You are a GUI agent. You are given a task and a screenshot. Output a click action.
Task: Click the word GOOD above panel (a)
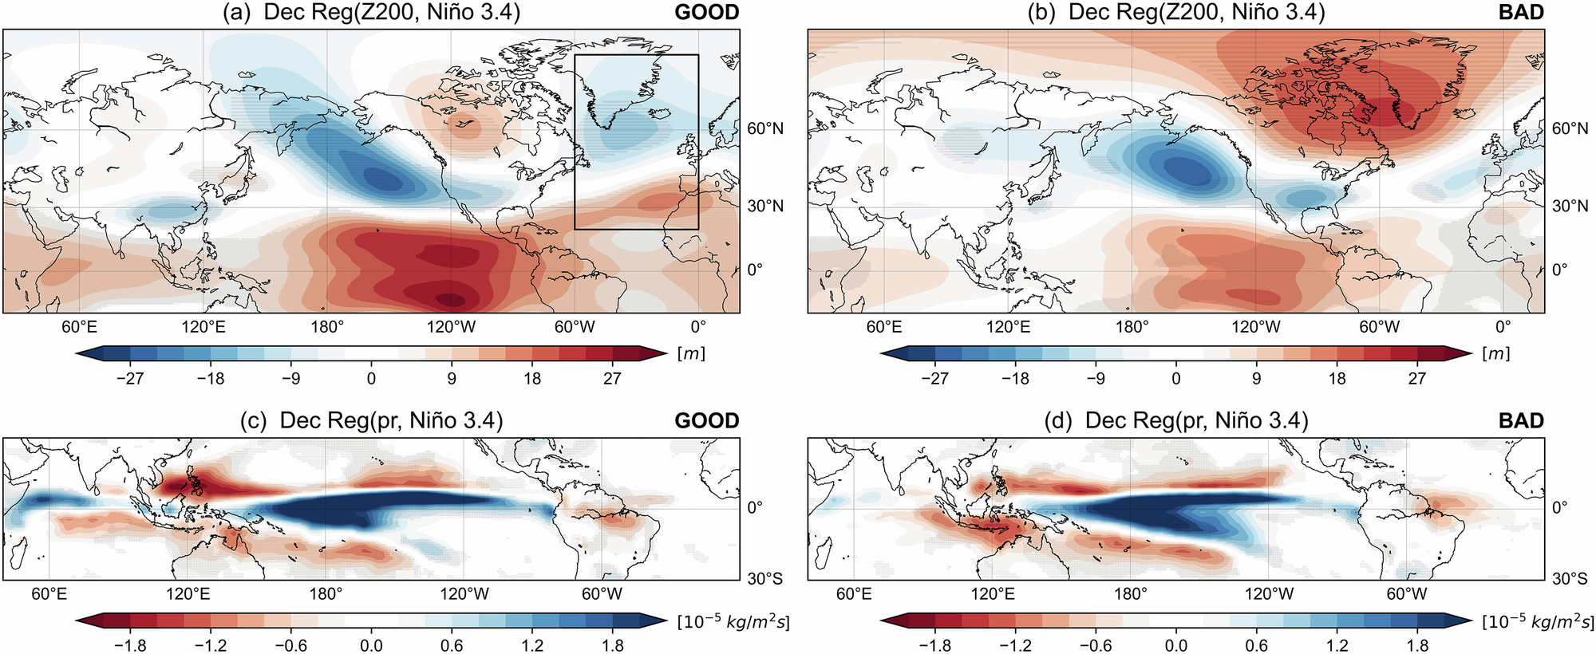(x=706, y=13)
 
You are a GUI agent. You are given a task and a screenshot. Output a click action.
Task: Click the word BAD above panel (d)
(x=1521, y=420)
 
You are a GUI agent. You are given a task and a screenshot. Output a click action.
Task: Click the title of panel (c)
(x=372, y=420)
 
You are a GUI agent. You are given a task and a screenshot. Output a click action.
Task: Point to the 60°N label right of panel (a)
(x=765, y=128)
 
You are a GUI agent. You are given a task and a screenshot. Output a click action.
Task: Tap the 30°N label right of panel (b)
(x=1570, y=206)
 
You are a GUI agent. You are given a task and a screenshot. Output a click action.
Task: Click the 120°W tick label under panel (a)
(x=452, y=326)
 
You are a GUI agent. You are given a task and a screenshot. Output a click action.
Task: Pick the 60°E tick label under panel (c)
(x=49, y=593)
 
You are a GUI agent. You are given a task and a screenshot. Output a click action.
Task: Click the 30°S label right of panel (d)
(x=1570, y=578)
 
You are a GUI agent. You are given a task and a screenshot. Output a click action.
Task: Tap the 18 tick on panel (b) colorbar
(x=1337, y=378)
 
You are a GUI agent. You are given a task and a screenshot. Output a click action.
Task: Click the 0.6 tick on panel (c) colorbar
(x=452, y=645)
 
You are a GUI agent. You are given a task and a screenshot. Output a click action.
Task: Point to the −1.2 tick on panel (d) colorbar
(x=1016, y=645)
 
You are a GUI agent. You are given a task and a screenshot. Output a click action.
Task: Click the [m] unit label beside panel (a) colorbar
(x=691, y=353)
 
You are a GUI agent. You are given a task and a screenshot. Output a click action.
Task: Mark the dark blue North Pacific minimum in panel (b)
(x=1187, y=170)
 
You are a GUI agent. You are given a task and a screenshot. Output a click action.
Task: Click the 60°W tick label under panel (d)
(x=1406, y=593)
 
